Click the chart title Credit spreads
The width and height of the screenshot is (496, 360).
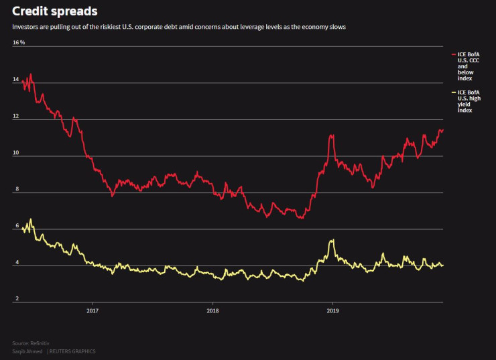pos(54,11)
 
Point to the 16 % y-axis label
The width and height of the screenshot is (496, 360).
pos(19,42)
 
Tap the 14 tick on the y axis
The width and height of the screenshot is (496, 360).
pos(16,80)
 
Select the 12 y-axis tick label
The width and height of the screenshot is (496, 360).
pos(16,117)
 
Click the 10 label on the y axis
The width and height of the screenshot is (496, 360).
pos(16,154)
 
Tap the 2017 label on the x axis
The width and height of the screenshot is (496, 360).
pos(92,310)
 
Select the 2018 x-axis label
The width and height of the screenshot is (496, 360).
pos(212,310)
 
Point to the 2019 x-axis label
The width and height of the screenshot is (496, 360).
pos(332,310)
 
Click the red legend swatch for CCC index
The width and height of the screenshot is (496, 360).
pos(454,54)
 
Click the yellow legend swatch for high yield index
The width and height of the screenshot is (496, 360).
pos(454,92)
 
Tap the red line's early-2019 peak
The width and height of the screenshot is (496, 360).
pos(331,135)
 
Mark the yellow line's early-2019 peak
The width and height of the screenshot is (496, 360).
pos(331,240)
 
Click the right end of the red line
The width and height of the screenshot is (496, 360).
pos(442,131)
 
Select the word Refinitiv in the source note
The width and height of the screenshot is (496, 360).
pos(38,343)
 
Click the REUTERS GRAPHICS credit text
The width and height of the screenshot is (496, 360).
pos(73,351)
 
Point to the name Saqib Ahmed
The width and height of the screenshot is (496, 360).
pos(27,351)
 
